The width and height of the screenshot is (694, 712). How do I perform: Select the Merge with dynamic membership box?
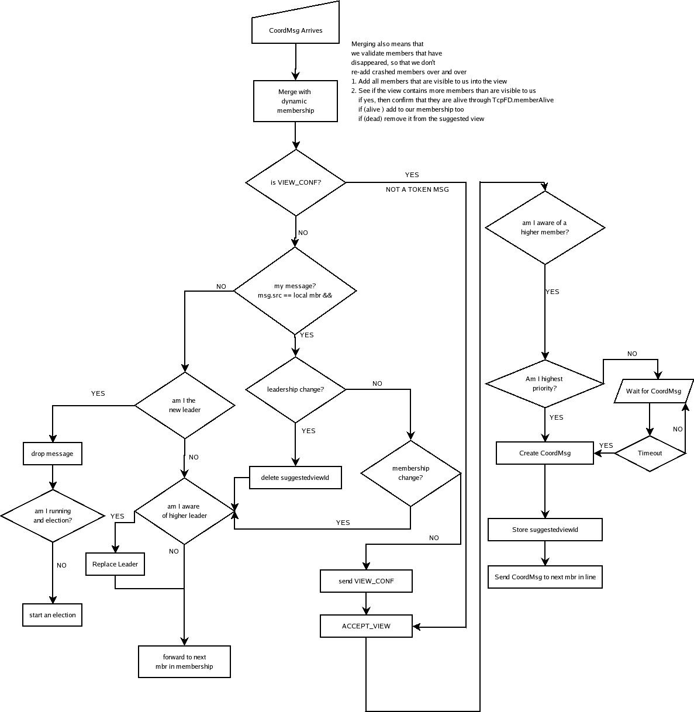point(295,101)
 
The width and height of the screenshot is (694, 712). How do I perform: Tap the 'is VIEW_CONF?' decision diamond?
point(295,182)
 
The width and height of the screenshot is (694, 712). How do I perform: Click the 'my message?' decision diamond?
point(295,291)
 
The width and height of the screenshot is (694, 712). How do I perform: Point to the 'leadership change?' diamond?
point(295,389)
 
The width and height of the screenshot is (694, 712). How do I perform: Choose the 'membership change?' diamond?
point(410,473)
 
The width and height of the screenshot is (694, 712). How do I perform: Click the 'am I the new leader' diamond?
point(185,405)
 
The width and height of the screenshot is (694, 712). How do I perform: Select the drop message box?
point(53,454)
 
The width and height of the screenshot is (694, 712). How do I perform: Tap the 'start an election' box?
point(53,615)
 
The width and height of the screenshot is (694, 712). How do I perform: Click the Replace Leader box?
point(115,564)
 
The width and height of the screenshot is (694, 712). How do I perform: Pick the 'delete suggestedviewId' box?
point(295,478)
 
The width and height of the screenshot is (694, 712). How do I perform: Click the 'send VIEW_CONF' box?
point(366,581)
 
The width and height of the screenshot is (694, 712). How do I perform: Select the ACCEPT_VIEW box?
point(366,626)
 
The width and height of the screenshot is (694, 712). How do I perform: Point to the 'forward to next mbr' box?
point(184,662)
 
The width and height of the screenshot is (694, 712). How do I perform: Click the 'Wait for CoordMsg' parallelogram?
point(653,391)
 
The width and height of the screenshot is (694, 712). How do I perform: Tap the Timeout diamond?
point(650,453)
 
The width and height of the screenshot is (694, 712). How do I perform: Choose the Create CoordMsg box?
point(544,453)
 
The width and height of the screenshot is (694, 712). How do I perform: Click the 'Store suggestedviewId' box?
point(545,530)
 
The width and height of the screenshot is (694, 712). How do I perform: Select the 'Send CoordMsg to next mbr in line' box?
point(545,577)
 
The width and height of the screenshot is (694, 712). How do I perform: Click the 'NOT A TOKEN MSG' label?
point(417,189)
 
